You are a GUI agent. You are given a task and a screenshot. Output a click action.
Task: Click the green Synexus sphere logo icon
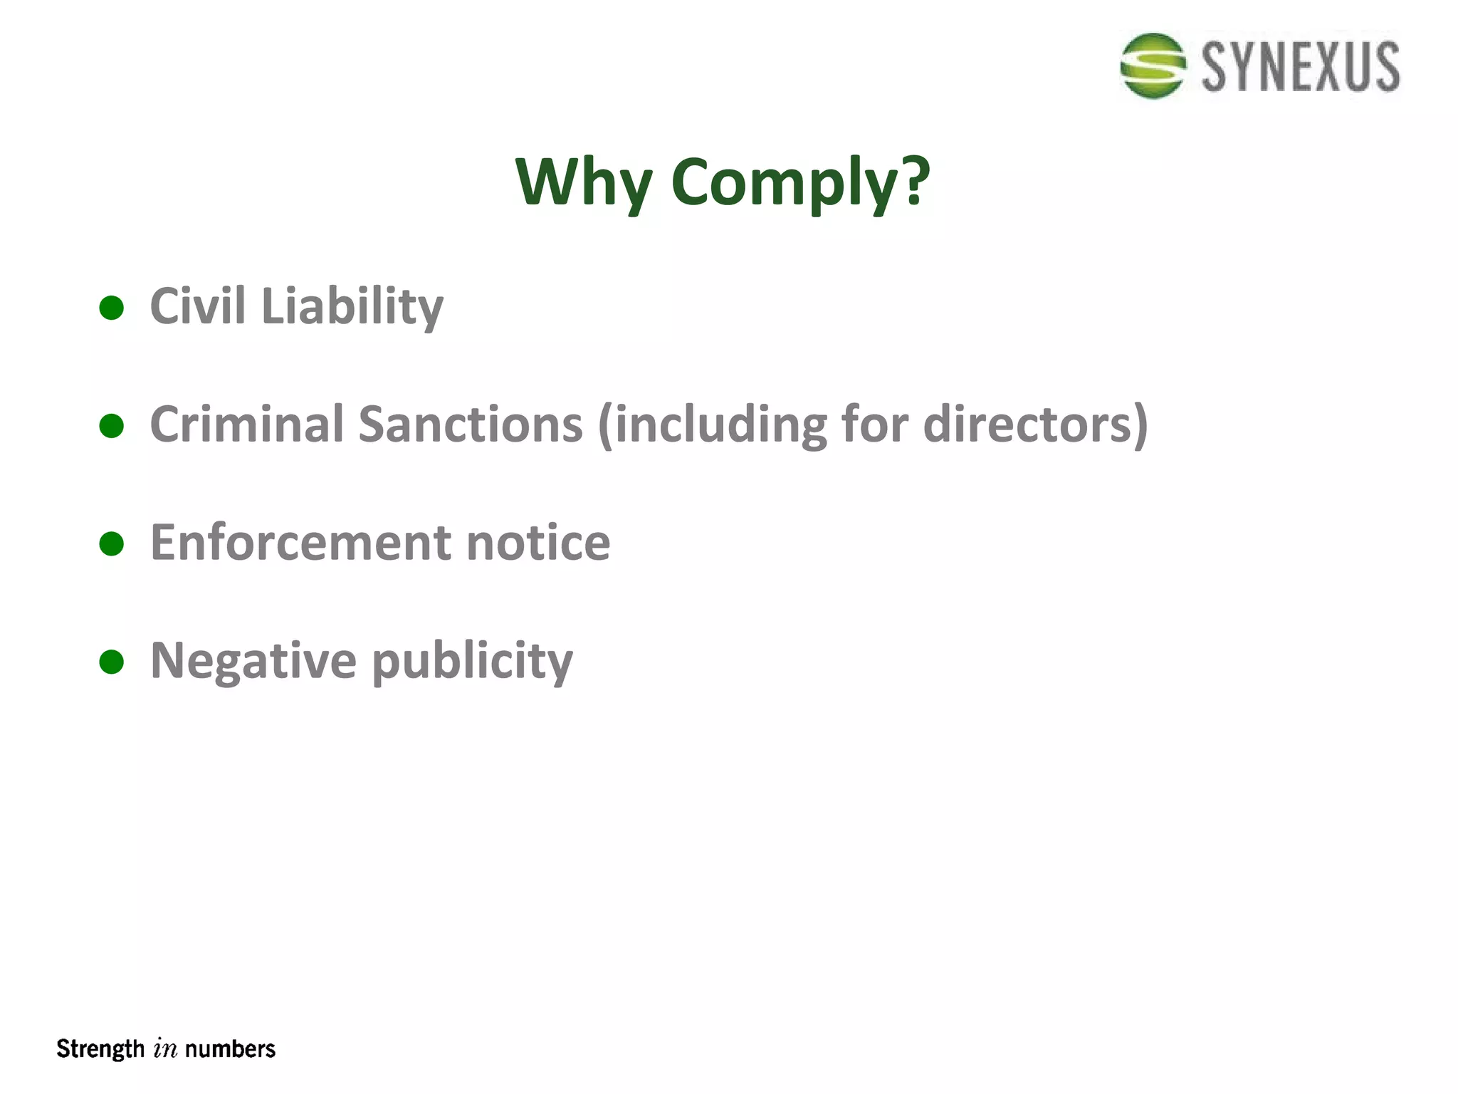1152,66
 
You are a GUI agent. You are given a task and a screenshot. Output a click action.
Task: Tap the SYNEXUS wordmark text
1301,67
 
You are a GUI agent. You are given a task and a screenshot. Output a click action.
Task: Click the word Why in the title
583,182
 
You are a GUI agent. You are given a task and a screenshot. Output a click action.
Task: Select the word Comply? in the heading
800,183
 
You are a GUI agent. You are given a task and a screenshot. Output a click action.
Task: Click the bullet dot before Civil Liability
112,308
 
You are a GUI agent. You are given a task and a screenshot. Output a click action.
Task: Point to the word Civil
198,306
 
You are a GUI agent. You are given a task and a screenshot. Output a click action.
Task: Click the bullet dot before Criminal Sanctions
112,426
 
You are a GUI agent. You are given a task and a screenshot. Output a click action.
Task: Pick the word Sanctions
471,424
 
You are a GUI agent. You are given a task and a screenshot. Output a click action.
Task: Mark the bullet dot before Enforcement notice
112,544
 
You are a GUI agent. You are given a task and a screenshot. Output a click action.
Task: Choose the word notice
538,543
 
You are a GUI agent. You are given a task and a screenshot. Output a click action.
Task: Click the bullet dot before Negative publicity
112,662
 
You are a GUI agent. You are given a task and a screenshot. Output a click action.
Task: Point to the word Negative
253,662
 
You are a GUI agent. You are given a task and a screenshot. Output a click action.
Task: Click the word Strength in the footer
100,1049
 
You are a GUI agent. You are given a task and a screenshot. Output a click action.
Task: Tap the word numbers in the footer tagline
230,1049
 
